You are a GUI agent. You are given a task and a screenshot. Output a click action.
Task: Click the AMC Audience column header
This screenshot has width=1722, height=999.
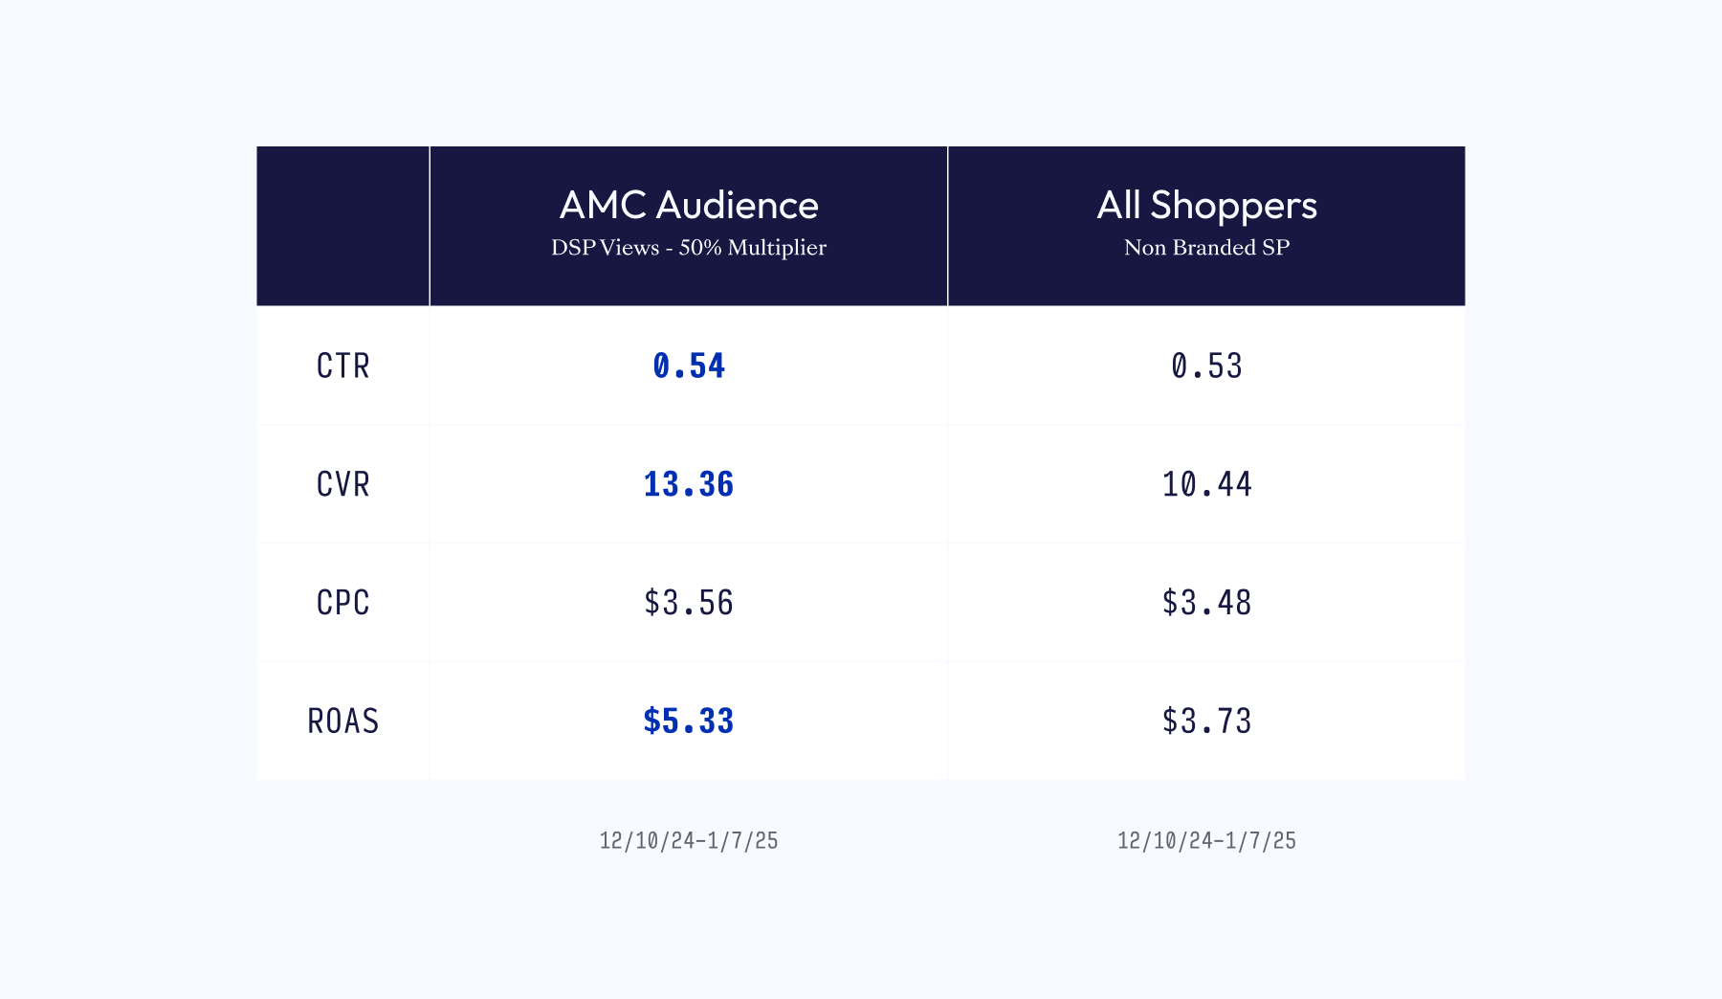pyautogui.click(x=689, y=206)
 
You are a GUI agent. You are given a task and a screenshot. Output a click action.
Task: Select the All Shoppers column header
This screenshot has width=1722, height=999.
pyautogui.click(x=1206, y=206)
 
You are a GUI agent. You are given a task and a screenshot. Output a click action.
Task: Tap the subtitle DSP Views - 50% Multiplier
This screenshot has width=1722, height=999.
pyautogui.click(x=689, y=248)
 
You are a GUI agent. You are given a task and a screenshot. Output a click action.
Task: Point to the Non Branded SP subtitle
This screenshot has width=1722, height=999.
pyautogui.click(x=1206, y=248)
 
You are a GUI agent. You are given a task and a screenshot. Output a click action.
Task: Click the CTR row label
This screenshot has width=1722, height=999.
pyautogui.click(x=342, y=366)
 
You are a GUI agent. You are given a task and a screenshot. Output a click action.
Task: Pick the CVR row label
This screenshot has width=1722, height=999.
pyautogui.click(x=342, y=485)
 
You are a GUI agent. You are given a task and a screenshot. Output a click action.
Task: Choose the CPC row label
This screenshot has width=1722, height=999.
pyautogui.click(x=342, y=603)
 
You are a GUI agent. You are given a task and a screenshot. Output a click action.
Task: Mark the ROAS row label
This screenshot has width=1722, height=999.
pyautogui.click(x=342, y=721)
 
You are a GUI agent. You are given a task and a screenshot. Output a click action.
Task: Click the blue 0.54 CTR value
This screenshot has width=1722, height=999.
pyautogui.click(x=689, y=366)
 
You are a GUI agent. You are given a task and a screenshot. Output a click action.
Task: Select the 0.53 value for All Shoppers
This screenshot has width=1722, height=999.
pyautogui.click(x=1206, y=366)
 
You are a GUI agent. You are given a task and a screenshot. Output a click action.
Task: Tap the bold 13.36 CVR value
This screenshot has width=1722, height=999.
pyautogui.click(x=689, y=485)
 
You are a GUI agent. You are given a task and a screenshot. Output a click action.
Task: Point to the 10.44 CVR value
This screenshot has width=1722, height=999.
pyautogui.click(x=1206, y=485)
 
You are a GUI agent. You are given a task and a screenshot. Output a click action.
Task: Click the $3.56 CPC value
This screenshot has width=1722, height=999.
pyautogui.click(x=689, y=603)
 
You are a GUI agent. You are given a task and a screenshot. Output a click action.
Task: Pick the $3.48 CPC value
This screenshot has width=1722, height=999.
pyautogui.click(x=1206, y=603)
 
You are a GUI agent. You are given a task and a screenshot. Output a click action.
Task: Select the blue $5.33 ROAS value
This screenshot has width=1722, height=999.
pyautogui.click(x=689, y=721)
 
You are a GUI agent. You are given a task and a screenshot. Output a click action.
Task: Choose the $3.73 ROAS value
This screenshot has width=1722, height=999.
pyautogui.click(x=1206, y=721)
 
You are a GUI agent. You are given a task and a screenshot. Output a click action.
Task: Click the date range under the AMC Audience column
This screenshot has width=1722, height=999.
pyautogui.click(x=689, y=841)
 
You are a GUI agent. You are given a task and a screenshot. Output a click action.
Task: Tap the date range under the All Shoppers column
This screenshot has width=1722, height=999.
pyautogui.click(x=1206, y=841)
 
